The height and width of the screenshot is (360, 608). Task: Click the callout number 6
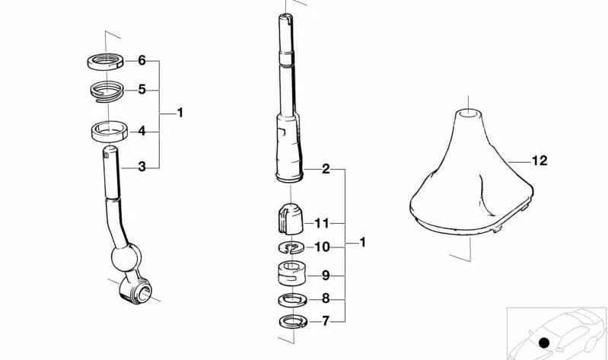tap(142, 61)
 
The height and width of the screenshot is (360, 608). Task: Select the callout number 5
tap(142, 90)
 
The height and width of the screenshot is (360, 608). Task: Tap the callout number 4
tap(142, 131)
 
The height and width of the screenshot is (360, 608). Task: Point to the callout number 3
tap(142, 167)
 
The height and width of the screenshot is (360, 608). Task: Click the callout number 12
tap(540, 161)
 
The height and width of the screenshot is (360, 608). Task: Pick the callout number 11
tap(321, 224)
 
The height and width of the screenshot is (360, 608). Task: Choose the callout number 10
tap(322, 247)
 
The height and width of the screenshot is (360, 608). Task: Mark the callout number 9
tap(326, 276)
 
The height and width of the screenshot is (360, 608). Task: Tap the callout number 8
tap(326, 298)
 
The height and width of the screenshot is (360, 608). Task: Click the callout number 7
tap(326, 321)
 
